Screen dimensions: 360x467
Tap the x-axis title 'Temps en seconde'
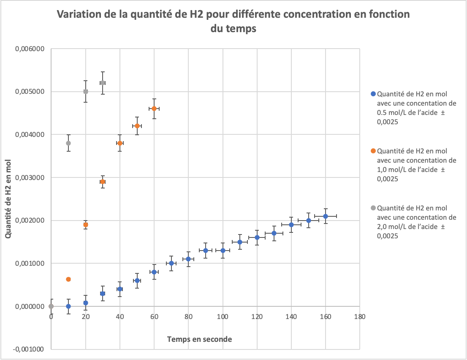click(199, 339)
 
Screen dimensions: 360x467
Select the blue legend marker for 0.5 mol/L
click(372, 94)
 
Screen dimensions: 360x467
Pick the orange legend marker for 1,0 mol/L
click(372, 151)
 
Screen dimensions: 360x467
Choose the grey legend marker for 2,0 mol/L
click(372, 208)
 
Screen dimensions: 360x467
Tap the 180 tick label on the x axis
click(359, 316)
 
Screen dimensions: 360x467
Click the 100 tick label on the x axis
click(222, 316)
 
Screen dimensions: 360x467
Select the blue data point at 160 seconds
click(326, 216)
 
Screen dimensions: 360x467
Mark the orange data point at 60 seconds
click(154, 109)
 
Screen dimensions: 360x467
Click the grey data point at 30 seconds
click(103, 83)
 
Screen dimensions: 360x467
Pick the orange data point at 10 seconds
click(68, 279)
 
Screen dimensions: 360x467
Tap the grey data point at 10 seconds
click(68, 143)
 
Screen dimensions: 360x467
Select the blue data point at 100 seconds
click(223, 251)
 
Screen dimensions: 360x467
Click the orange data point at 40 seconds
click(120, 143)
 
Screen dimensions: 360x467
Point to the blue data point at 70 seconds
click(171, 263)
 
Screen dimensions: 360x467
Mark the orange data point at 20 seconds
click(86, 225)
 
